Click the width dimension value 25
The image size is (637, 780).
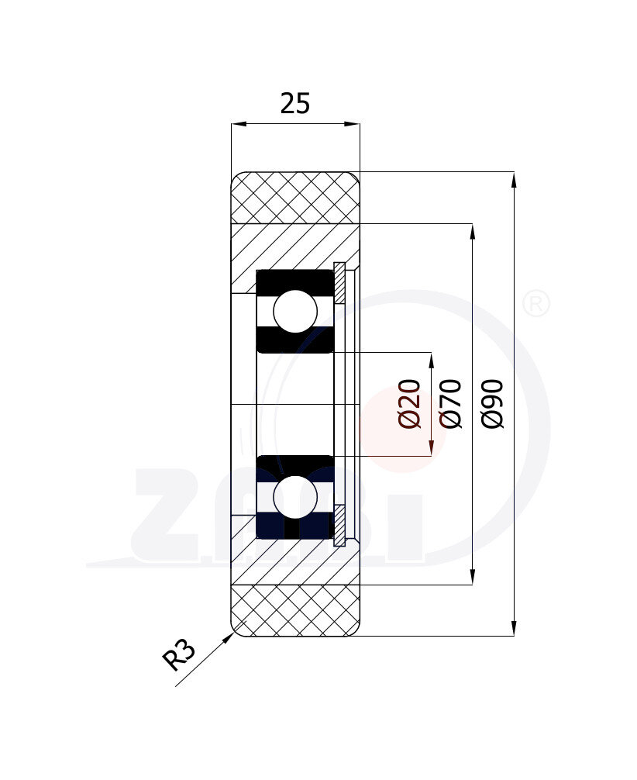tap(295, 103)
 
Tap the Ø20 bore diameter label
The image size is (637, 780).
tap(410, 403)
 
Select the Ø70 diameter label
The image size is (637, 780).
tap(451, 403)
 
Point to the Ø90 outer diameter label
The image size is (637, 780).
tap(493, 403)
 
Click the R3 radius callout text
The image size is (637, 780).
tap(179, 655)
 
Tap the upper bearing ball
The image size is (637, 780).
tap(295, 312)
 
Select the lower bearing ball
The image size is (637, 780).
tap(295, 497)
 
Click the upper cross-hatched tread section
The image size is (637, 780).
tap(295, 198)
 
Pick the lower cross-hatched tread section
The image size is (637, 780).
tap(295, 610)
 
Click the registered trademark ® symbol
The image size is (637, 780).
tap(536, 304)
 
